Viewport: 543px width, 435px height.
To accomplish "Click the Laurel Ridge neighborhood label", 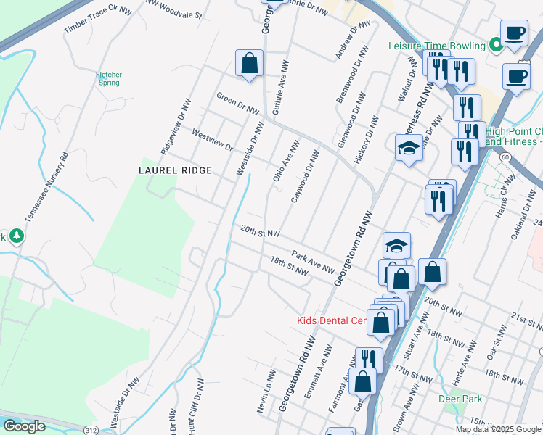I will pos(176,170).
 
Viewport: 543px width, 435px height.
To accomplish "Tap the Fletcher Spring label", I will pos(109,78).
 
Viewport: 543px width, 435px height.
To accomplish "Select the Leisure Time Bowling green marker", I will pos(497,46).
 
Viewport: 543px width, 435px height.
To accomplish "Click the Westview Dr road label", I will pos(211,140).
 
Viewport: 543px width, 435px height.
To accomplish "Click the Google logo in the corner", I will pos(24,426).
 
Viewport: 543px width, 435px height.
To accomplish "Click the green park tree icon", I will pos(16,236).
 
